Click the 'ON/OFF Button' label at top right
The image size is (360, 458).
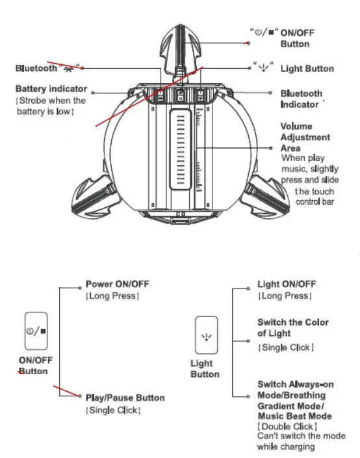[294, 38]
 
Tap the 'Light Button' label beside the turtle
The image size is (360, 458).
[307, 69]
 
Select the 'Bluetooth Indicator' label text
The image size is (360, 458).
[301, 99]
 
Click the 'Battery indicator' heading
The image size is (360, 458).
[51, 89]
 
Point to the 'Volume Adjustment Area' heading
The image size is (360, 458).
[305, 137]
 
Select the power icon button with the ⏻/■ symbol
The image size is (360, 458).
[36, 331]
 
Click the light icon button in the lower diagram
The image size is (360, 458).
[206, 335]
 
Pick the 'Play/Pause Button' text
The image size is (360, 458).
[125, 398]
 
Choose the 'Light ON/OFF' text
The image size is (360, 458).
[287, 285]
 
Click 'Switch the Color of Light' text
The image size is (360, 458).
[292, 327]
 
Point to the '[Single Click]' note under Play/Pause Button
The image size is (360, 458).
[113, 410]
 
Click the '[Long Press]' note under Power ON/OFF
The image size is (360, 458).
[112, 296]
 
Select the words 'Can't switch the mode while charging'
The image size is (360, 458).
[301, 441]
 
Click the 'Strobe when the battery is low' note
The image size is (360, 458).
[51, 106]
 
